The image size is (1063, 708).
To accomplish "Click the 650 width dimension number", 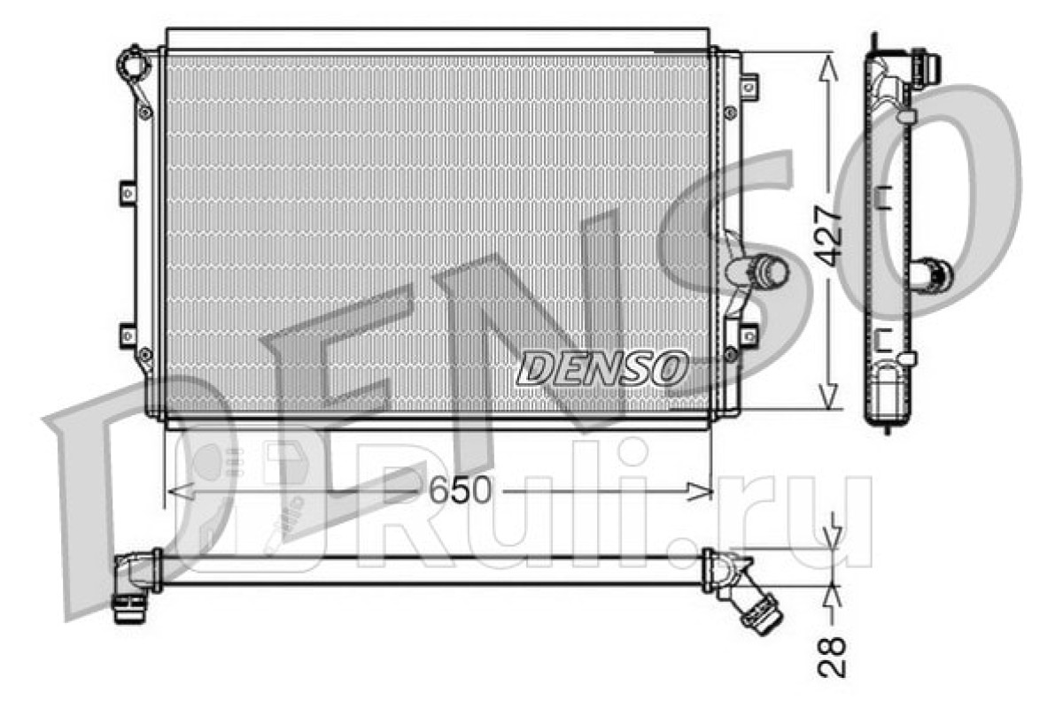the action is (460, 490).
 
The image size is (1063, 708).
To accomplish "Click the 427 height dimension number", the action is (828, 235).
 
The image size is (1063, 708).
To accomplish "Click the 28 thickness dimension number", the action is (832, 657).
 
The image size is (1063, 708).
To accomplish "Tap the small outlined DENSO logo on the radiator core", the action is (602, 368).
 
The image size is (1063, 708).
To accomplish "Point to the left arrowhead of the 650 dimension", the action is (181, 491).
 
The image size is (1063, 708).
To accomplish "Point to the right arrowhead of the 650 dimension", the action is (700, 492).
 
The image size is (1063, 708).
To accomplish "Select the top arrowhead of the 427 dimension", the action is (828, 67).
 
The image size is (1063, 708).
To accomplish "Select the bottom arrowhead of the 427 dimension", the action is (828, 396).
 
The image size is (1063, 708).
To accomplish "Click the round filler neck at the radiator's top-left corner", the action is (134, 63).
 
